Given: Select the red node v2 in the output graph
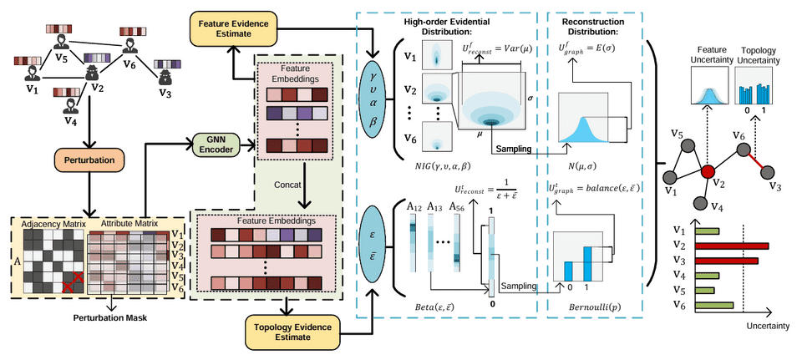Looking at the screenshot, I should coord(708,171).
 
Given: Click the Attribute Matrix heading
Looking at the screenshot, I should coord(129,225).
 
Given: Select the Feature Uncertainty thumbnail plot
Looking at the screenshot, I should coord(708,87).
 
